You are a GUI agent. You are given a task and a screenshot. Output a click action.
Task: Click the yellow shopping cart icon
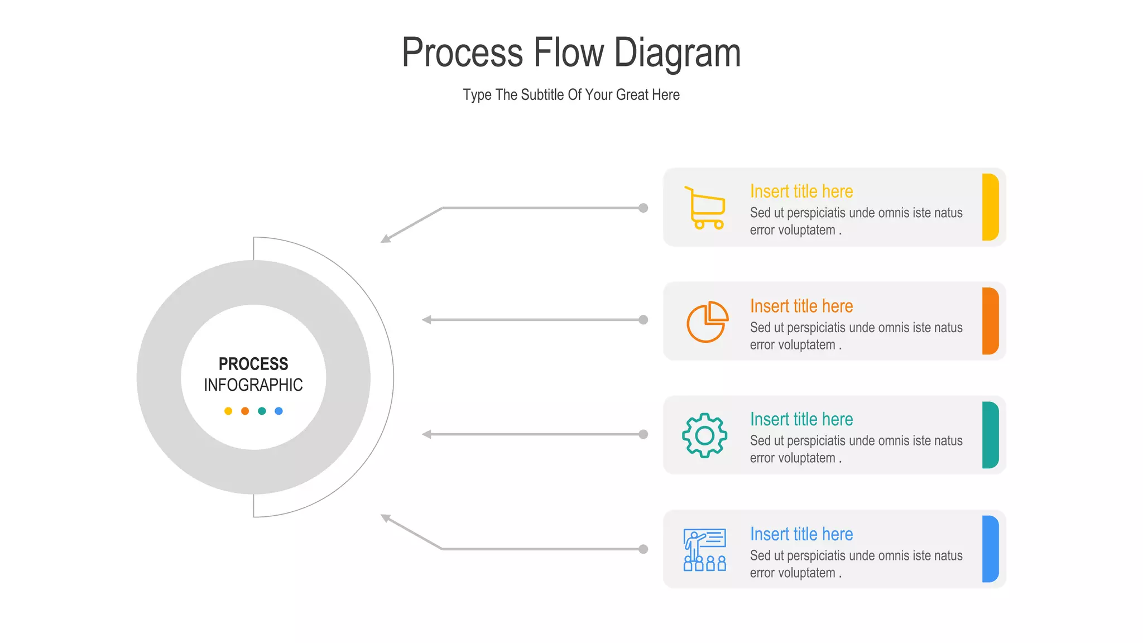(x=705, y=208)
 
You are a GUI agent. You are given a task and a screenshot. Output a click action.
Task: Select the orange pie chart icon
(x=707, y=321)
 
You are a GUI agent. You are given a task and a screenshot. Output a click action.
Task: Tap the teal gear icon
(x=704, y=435)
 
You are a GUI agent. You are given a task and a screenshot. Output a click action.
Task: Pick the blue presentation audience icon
(x=705, y=550)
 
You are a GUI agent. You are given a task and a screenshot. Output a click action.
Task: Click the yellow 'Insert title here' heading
(x=801, y=191)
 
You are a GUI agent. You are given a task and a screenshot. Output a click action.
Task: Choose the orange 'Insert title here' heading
(x=801, y=306)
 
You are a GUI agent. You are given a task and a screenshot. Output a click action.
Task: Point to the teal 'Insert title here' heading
(x=801, y=419)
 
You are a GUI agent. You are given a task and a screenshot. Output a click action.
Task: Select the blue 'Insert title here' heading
(x=801, y=534)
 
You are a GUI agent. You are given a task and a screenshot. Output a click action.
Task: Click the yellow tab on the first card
(x=990, y=207)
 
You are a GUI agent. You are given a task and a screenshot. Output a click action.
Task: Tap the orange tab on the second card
(x=990, y=321)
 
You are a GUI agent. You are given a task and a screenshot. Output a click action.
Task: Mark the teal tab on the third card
(x=990, y=435)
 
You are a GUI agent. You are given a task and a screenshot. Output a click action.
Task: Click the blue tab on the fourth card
(x=990, y=549)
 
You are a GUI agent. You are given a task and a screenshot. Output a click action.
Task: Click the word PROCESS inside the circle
(x=253, y=364)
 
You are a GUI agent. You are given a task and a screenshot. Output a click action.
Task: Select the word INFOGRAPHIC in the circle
(x=253, y=385)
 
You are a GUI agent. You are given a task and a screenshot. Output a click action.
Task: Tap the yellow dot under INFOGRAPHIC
(x=228, y=411)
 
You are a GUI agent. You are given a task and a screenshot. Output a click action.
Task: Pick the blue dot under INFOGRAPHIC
(x=278, y=411)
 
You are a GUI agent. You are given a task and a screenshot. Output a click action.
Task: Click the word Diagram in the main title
(x=677, y=53)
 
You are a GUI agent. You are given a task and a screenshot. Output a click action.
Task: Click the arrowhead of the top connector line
(x=385, y=239)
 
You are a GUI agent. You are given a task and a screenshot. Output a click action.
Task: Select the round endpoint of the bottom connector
(x=643, y=549)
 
